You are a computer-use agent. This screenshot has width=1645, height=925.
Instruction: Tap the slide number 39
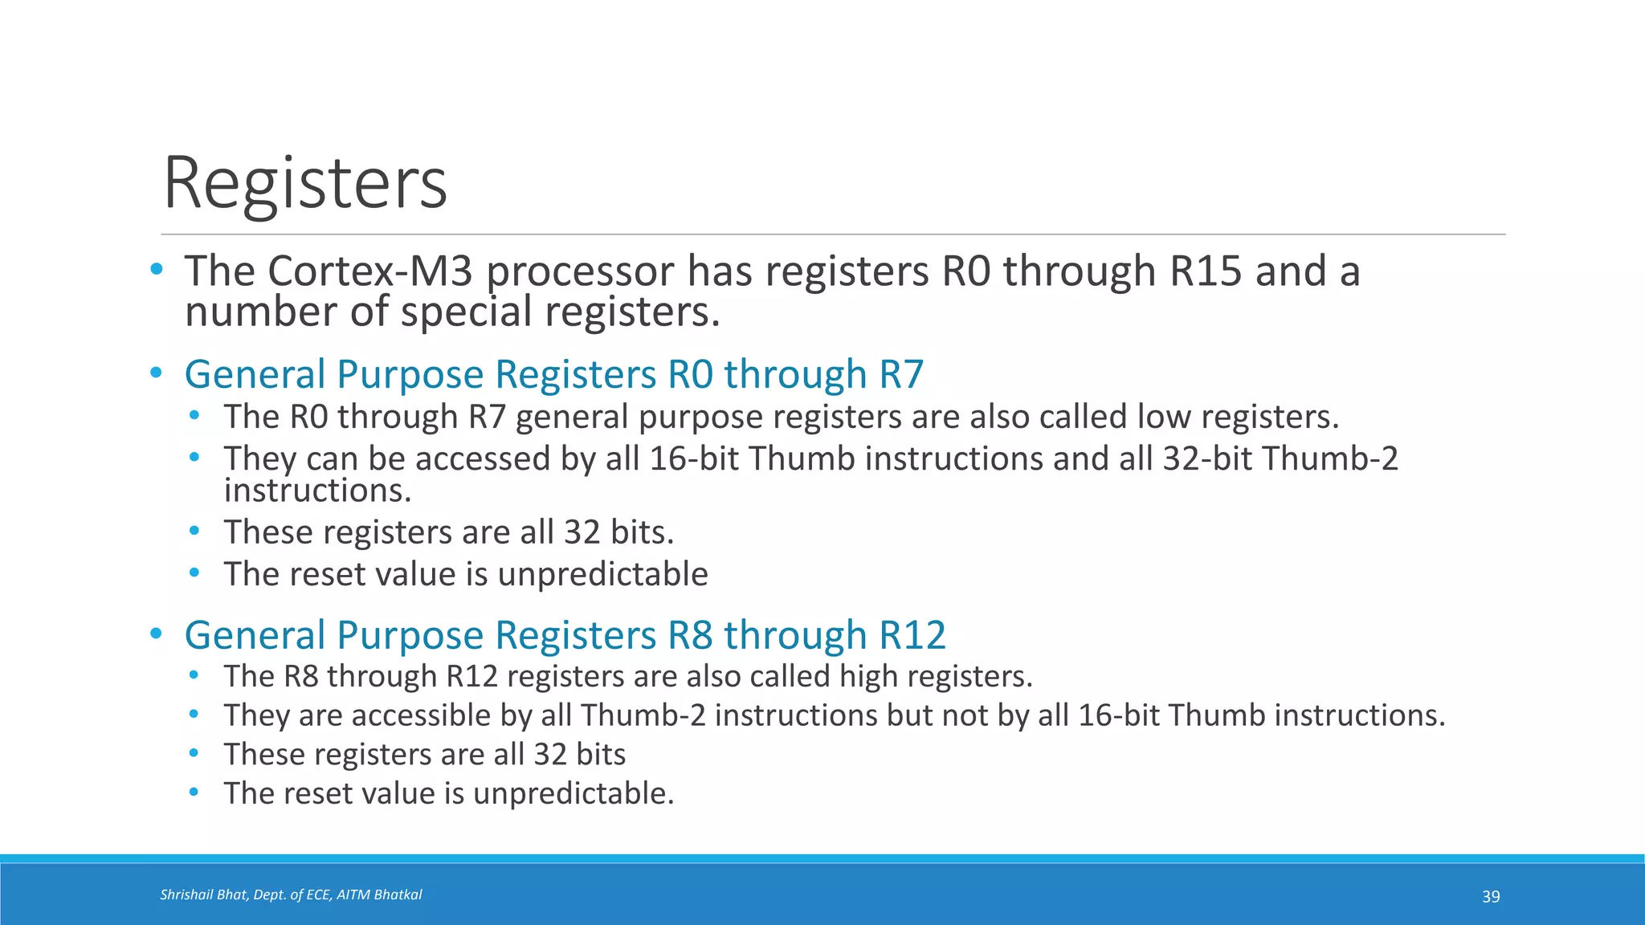(1491, 897)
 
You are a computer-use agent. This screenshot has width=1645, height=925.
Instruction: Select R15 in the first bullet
(1206, 271)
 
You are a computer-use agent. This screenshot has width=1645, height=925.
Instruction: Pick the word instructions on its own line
(317, 491)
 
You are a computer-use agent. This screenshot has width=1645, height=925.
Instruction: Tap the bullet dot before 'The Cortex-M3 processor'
(157, 269)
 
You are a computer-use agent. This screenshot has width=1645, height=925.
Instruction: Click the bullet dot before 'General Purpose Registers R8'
(157, 634)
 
